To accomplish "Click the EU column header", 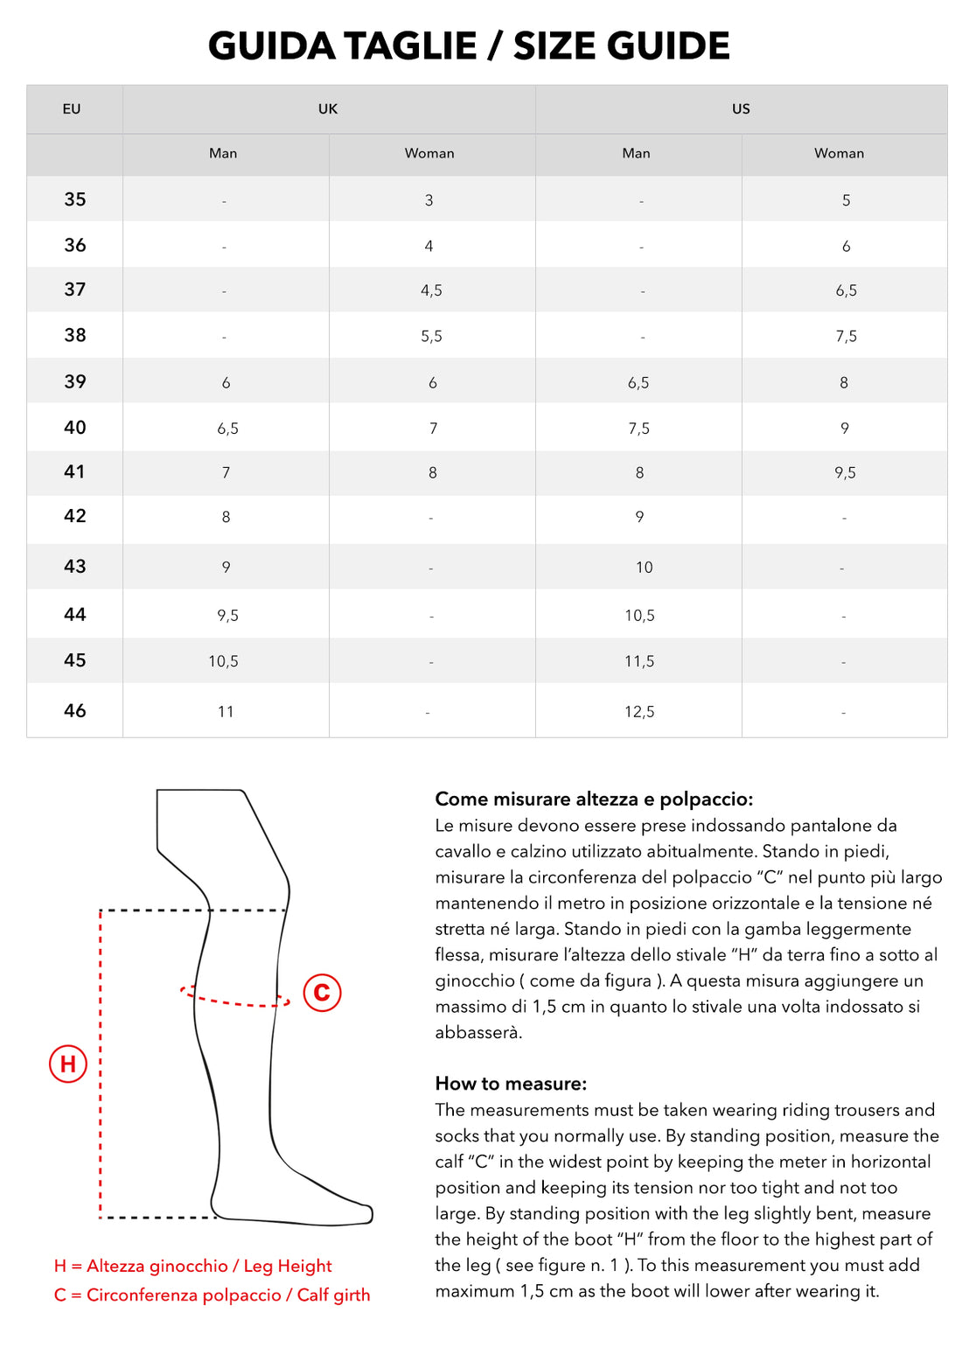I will pos(72,109).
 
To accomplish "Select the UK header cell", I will pos(328,109).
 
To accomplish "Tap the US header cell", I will pos(741,109).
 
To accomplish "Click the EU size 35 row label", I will pos(75,199).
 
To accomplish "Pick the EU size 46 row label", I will pos(75,710).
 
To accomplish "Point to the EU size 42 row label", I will pos(75,516).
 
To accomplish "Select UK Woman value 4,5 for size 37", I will pos(431,290).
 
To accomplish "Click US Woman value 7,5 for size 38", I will pos(846,336).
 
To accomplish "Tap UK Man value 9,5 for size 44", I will pos(227,616).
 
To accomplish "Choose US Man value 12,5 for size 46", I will pos(639,712).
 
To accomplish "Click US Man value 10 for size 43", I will pos(644,568).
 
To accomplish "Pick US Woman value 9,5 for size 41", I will pos(845,473).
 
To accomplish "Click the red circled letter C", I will pos(322,992).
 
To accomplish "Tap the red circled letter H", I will pos(68,1064).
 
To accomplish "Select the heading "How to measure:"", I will pos(511,1084).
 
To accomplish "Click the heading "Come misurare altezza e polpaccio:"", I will pos(594,799).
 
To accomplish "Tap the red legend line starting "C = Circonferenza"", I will pos(212,1295).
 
